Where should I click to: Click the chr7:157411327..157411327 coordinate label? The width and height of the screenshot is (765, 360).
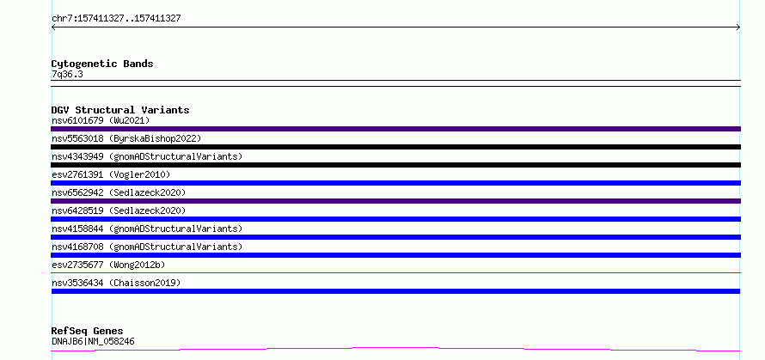click(x=116, y=19)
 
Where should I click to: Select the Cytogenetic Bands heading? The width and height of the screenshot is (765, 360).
click(x=102, y=64)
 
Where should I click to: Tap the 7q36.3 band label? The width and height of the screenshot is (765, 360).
click(x=67, y=74)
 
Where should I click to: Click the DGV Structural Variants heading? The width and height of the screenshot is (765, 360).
click(x=120, y=110)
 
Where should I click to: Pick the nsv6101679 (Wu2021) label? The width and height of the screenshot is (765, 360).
click(x=101, y=120)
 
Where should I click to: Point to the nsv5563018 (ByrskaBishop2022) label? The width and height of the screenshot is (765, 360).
click(x=126, y=138)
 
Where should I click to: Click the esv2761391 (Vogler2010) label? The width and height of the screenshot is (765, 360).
click(x=111, y=174)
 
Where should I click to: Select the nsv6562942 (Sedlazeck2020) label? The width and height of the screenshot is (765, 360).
click(x=119, y=192)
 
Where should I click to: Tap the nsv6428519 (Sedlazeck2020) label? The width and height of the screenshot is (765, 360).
click(x=119, y=211)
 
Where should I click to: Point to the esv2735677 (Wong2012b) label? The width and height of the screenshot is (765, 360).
click(x=108, y=265)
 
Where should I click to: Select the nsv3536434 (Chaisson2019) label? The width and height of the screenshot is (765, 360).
click(x=116, y=283)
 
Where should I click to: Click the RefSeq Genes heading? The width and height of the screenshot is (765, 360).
click(x=87, y=331)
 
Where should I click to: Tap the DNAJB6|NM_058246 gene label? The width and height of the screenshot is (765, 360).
click(x=93, y=341)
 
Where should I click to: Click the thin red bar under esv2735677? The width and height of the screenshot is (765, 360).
click(x=395, y=272)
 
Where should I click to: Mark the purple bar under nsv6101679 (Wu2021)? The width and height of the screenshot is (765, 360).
click(x=395, y=129)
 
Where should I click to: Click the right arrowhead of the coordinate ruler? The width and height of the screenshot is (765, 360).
click(x=739, y=27)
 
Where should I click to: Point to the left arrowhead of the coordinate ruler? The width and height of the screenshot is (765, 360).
click(x=52, y=27)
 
